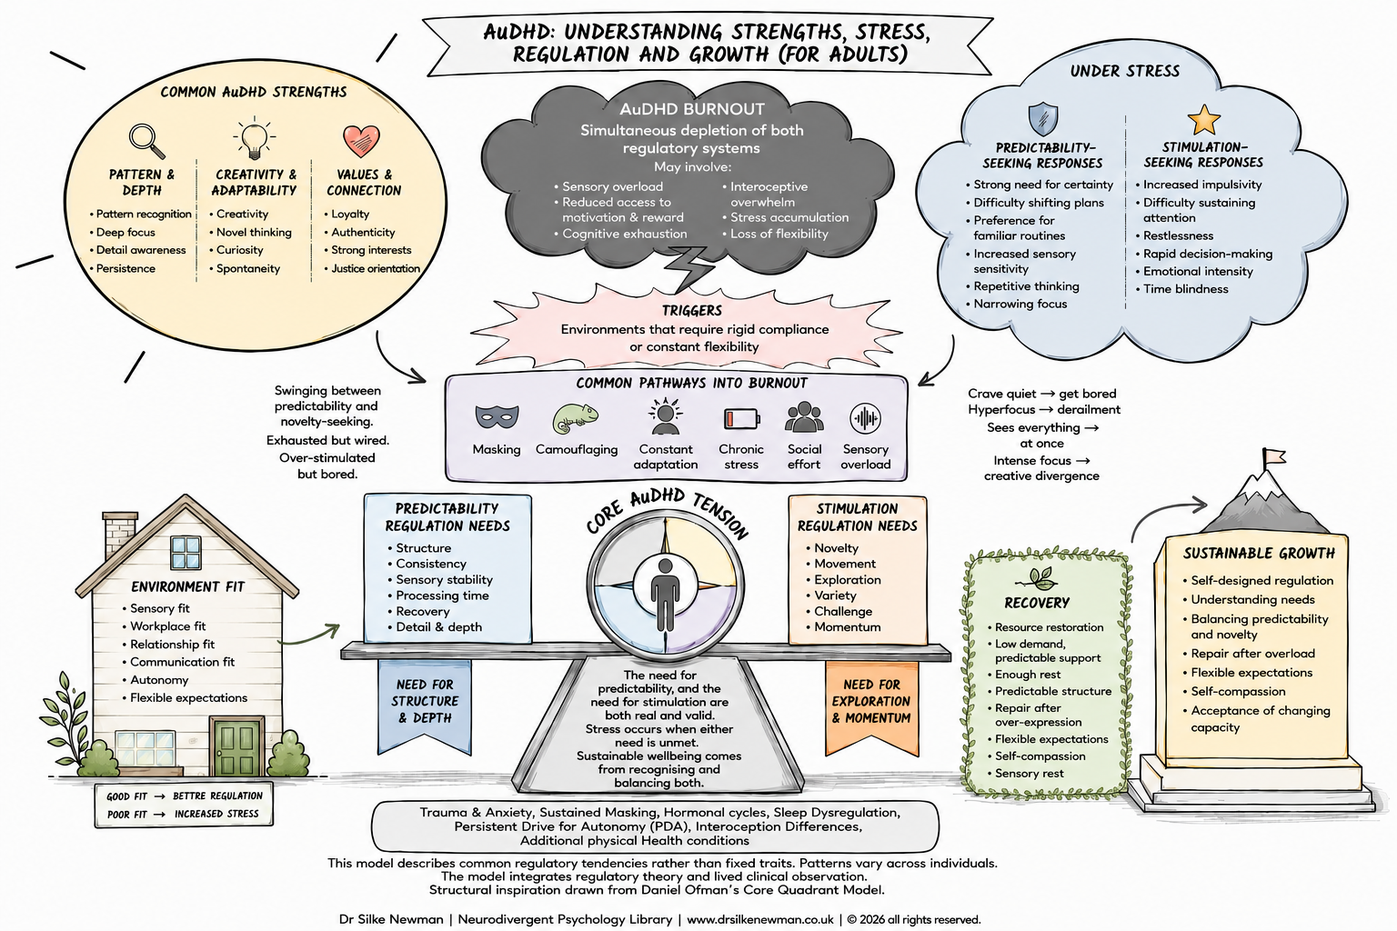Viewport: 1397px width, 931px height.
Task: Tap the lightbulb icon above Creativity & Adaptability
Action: point(254,137)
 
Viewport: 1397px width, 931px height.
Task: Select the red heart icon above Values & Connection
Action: point(361,141)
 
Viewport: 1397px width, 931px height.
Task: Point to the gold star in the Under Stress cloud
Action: point(1203,120)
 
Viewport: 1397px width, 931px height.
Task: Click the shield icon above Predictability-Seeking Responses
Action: point(1043,119)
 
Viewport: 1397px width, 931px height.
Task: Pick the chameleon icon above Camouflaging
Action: point(575,418)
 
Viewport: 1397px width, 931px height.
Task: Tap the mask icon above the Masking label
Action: point(497,416)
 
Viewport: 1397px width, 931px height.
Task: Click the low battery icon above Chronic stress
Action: point(741,418)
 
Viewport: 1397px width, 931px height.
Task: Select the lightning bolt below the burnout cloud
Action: point(688,268)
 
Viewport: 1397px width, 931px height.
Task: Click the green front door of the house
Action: point(236,746)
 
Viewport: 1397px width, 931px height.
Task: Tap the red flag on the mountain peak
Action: point(1273,457)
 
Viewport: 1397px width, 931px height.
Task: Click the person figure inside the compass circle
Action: point(665,595)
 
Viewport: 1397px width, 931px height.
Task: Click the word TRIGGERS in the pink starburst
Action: point(691,311)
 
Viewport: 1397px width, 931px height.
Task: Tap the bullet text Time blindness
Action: point(1186,289)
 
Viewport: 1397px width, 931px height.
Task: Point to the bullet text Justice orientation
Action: point(376,268)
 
